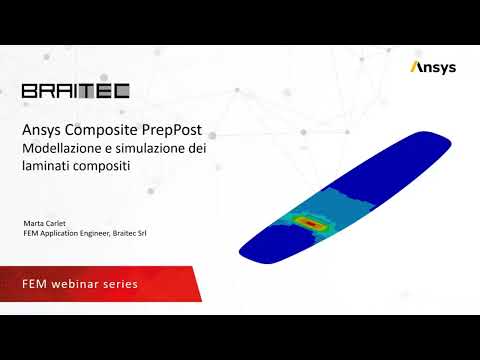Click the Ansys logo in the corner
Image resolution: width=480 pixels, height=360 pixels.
pyautogui.click(x=433, y=67)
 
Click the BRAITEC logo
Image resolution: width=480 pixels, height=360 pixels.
pyautogui.click(x=75, y=91)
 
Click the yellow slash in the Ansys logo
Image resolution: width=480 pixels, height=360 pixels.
pyautogui.click(x=415, y=67)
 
